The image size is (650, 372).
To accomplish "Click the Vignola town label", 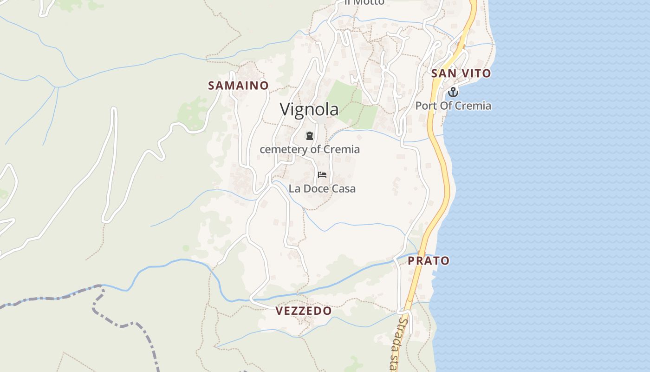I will pos(309,109).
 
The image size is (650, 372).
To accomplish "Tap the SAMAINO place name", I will pos(238,86).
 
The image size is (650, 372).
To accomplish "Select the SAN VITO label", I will pos(461,73).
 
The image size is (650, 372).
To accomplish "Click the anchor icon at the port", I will pos(453,92).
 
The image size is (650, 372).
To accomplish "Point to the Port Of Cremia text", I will pos(453,106).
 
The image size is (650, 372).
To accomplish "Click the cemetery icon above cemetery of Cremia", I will pos(309,136).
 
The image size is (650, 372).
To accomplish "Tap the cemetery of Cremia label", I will pos(309,149).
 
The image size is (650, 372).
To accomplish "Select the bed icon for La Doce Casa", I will pos(322,175).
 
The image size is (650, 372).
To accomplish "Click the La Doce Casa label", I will pos(322,189).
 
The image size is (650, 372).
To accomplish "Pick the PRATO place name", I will pos(429,261).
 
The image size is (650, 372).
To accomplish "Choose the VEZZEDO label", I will pos(304,311).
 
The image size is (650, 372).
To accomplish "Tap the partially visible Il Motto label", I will pos(364,2).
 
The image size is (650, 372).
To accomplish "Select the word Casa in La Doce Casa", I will pos(344,189).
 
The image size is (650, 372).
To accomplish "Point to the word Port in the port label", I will pos(424,106).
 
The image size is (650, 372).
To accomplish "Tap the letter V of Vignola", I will pos(285,109).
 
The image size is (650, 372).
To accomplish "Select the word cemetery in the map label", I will pos(283,149).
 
